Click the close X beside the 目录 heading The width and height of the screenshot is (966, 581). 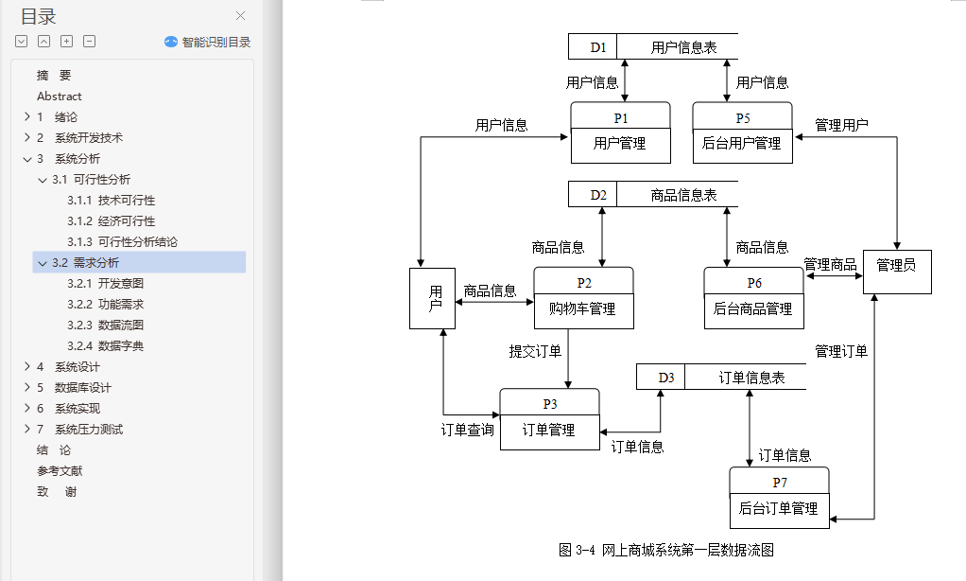240,16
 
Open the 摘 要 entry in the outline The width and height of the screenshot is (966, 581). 54,76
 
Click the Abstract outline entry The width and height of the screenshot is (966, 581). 60,97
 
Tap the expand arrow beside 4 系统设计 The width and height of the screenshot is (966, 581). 26,367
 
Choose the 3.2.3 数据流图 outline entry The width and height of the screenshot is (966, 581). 105,326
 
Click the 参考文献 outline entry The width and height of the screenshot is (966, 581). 60,471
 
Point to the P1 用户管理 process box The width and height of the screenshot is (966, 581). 620,132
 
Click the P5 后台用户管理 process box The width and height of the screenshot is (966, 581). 742,132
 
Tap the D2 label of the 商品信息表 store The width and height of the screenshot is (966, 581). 598,195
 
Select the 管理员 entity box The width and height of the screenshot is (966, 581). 896,273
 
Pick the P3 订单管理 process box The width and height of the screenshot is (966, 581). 549,419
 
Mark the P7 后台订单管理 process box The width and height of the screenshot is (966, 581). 779,498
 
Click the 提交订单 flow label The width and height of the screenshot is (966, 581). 535,351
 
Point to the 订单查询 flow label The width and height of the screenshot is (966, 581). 467,430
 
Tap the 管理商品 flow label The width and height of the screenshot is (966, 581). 830,262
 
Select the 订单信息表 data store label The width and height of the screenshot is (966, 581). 751,378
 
